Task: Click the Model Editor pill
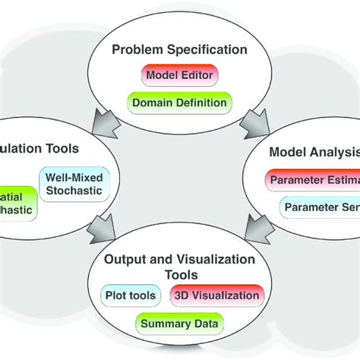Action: click(179, 76)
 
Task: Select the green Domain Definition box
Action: click(179, 102)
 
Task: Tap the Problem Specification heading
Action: click(179, 50)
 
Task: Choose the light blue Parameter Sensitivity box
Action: click(319, 206)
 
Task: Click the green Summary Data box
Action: click(179, 324)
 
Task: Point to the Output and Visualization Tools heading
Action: click(179, 267)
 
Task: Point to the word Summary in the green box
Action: click(163, 324)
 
